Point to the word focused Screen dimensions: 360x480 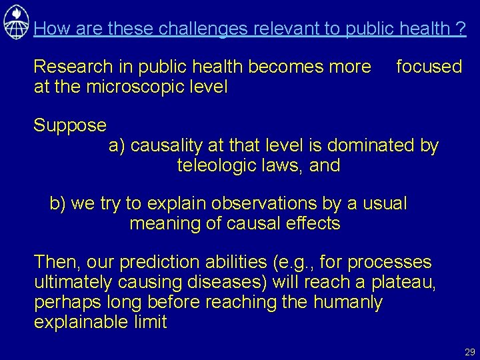click(x=429, y=67)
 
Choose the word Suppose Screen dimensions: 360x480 click(x=70, y=125)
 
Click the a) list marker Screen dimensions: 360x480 click(x=117, y=145)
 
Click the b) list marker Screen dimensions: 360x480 click(x=58, y=203)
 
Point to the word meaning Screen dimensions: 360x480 click(x=167, y=223)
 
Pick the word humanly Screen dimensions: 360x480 click(x=345, y=302)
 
